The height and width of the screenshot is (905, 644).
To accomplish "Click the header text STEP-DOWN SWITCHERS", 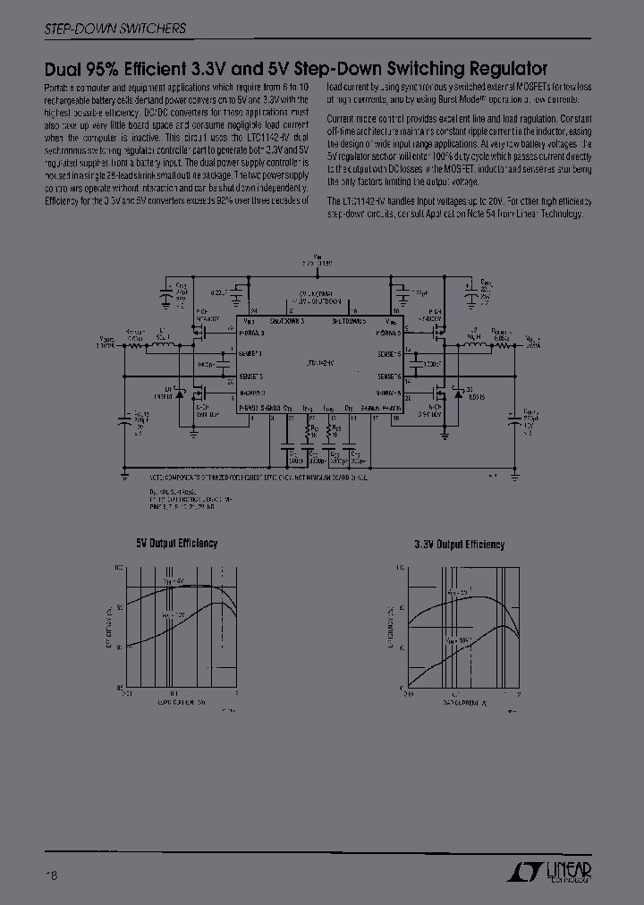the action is click(x=114, y=29).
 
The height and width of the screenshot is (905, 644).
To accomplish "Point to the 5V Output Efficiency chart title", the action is click(x=176, y=543).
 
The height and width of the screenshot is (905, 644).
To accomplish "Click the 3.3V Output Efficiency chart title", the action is click(x=459, y=545).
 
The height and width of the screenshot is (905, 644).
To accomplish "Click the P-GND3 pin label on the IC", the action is click(x=248, y=407).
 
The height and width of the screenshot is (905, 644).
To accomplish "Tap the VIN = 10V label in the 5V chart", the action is click(x=174, y=615).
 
